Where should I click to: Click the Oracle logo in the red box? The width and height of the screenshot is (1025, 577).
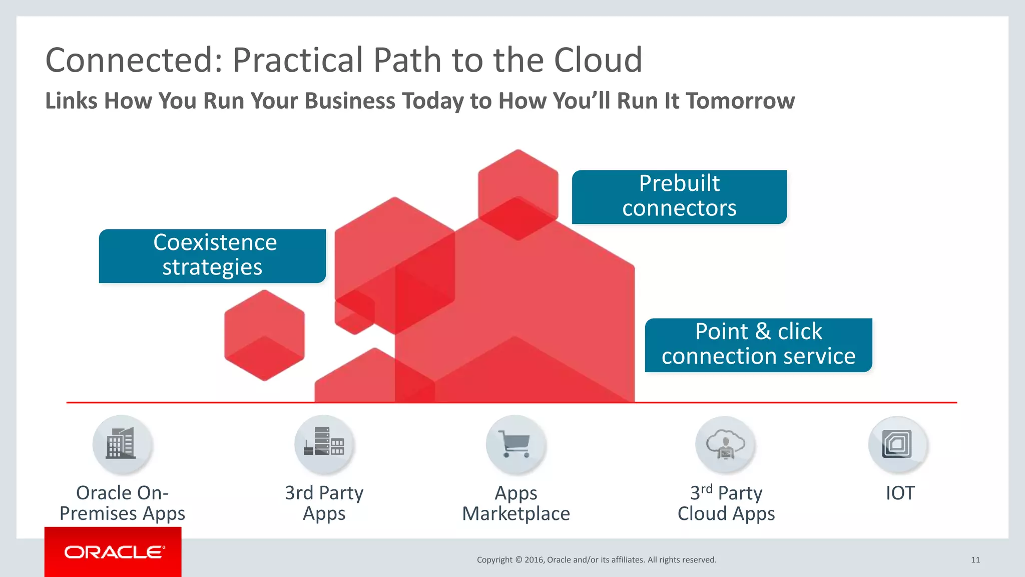114,552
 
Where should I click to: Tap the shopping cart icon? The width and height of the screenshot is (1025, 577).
516,444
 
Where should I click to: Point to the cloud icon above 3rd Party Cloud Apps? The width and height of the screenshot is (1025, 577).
725,444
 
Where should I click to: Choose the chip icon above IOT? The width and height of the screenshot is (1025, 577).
898,444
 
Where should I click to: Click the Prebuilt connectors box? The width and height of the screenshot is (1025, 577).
679,196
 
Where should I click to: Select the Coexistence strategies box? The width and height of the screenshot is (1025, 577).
213,255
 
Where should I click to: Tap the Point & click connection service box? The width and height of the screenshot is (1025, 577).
758,345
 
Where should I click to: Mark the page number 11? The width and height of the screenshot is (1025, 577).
975,559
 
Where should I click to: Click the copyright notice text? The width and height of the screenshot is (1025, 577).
597,559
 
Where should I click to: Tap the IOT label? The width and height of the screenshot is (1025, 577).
900,493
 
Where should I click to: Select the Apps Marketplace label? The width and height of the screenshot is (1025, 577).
516,503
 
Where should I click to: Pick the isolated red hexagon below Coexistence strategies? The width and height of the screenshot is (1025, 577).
264,335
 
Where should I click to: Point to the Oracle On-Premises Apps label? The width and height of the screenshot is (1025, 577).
122,503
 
